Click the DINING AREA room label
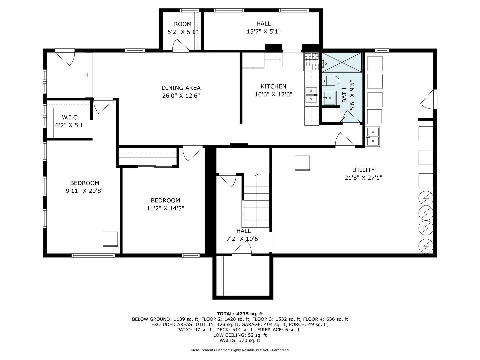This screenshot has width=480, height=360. tap(181, 88)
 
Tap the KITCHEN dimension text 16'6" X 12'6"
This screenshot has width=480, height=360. tap(273, 94)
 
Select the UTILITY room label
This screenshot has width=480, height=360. tap(363, 170)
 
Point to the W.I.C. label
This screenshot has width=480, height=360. tap(70, 117)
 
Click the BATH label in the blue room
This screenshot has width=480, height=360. tap(344, 95)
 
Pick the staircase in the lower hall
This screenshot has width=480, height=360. tap(257, 200)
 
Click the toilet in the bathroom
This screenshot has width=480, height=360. tap(330, 80)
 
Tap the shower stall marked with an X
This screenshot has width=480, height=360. tap(342, 62)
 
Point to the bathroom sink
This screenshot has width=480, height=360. tap(330, 98)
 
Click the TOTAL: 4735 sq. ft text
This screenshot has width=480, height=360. tap(240, 314)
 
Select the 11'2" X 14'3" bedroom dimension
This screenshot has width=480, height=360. tap(165, 208)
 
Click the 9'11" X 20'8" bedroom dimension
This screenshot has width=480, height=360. tap(85, 191)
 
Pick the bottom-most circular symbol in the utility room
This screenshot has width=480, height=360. tap(426, 246)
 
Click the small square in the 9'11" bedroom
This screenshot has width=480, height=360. tap(110, 239)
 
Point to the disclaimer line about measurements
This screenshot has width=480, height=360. tap(240, 350)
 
